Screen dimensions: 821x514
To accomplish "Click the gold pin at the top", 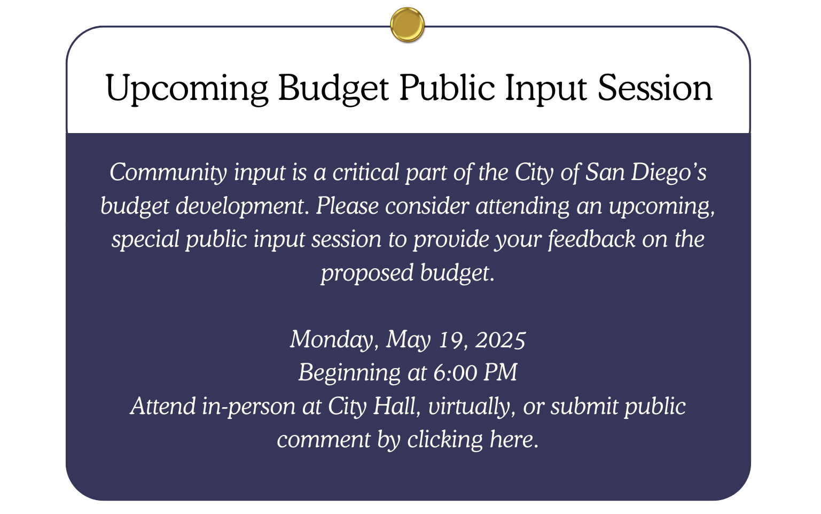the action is pos(407,25).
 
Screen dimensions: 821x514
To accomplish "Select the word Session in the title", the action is pos(655,88).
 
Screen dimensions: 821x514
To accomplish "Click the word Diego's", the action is pos(669,173).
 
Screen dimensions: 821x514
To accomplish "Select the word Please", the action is pos(347,206).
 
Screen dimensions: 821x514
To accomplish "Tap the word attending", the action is pos(522,206).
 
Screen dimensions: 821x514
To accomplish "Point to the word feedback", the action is pos(591,239).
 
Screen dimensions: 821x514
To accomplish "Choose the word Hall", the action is pos(396,406).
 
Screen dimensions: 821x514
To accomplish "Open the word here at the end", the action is pos(514,440).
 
